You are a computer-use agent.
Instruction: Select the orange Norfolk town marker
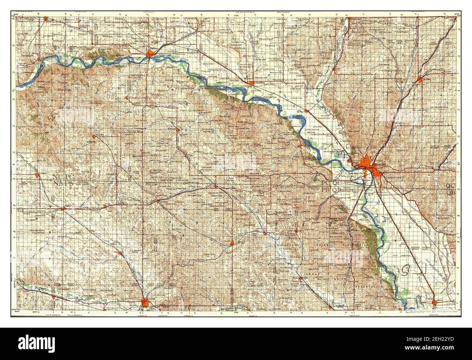146,302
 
